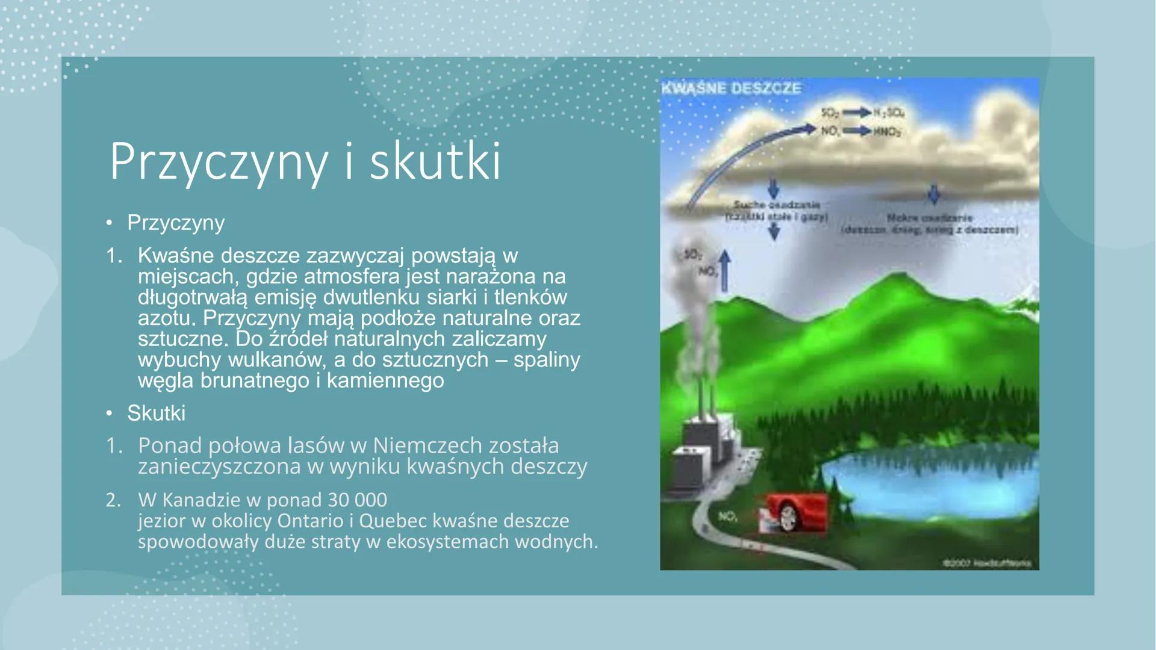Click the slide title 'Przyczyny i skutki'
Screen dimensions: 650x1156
click(x=304, y=162)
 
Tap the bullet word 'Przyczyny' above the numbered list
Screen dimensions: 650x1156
click(x=175, y=223)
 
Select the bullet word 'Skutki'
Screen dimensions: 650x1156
click(x=156, y=413)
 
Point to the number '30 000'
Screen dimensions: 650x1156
click(x=358, y=500)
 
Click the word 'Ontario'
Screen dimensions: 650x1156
click(x=305, y=521)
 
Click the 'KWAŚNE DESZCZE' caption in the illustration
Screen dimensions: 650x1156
click(x=732, y=88)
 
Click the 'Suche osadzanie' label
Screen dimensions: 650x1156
click(x=776, y=205)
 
